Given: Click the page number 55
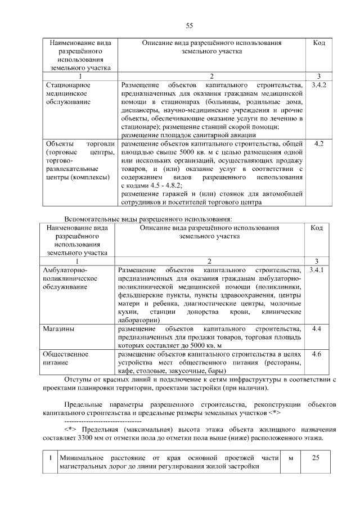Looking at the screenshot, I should click(x=189, y=26).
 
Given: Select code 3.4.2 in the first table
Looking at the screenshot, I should click(x=318, y=84).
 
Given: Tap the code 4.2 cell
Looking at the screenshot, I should click(x=318, y=144).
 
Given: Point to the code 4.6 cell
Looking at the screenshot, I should click(x=317, y=354).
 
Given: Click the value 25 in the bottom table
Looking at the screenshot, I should click(x=316, y=458).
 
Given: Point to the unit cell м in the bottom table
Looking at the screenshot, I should click(x=291, y=458).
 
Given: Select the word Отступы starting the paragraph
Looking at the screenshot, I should click(x=79, y=380).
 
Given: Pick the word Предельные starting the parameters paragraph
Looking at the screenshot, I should click(x=84, y=405).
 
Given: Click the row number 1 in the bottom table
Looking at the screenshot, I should click(x=51, y=458).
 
